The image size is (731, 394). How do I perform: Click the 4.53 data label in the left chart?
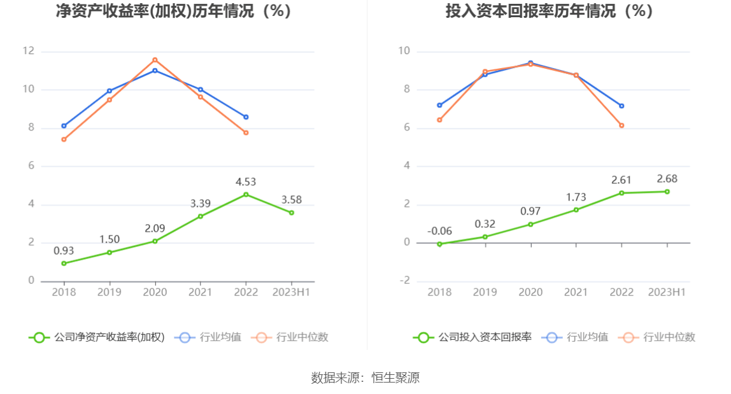coord(246,182)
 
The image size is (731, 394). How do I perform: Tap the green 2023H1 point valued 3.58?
coord(292,213)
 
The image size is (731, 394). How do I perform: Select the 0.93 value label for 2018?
coord(64,251)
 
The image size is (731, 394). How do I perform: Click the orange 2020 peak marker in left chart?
coord(155,60)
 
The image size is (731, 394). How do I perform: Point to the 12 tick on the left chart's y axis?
coord(28,52)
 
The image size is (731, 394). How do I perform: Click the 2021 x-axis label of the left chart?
coord(201,292)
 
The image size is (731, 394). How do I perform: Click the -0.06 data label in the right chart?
coord(439,231)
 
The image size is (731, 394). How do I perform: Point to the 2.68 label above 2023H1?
coord(667,179)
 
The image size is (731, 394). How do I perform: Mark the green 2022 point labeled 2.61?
coord(621,193)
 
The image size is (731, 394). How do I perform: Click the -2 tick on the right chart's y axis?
coord(404,281)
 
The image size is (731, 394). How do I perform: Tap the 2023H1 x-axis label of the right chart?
coord(667,292)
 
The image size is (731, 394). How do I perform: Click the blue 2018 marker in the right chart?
coord(439,105)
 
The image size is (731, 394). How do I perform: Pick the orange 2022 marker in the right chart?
coord(621,125)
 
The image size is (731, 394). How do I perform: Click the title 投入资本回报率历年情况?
coord(549,11)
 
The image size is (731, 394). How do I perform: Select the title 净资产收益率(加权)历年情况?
coord(173,11)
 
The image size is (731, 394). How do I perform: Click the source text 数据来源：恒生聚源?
coord(365,377)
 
